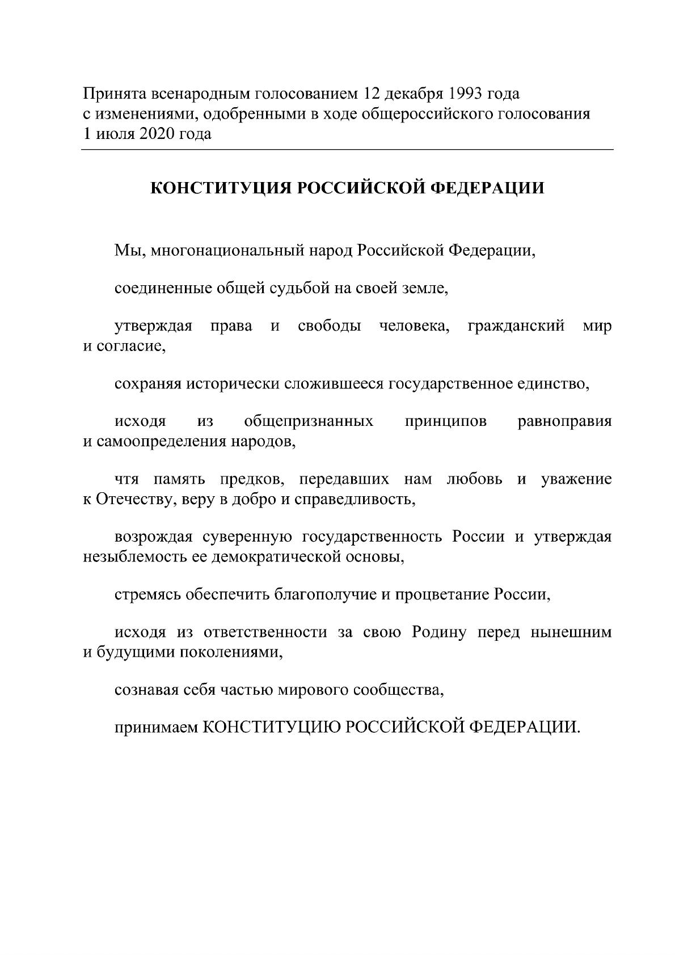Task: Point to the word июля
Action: click(113, 134)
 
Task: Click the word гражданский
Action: click(516, 327)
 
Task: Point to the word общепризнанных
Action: click(309, 422)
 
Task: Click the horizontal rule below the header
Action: click(347, 150)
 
